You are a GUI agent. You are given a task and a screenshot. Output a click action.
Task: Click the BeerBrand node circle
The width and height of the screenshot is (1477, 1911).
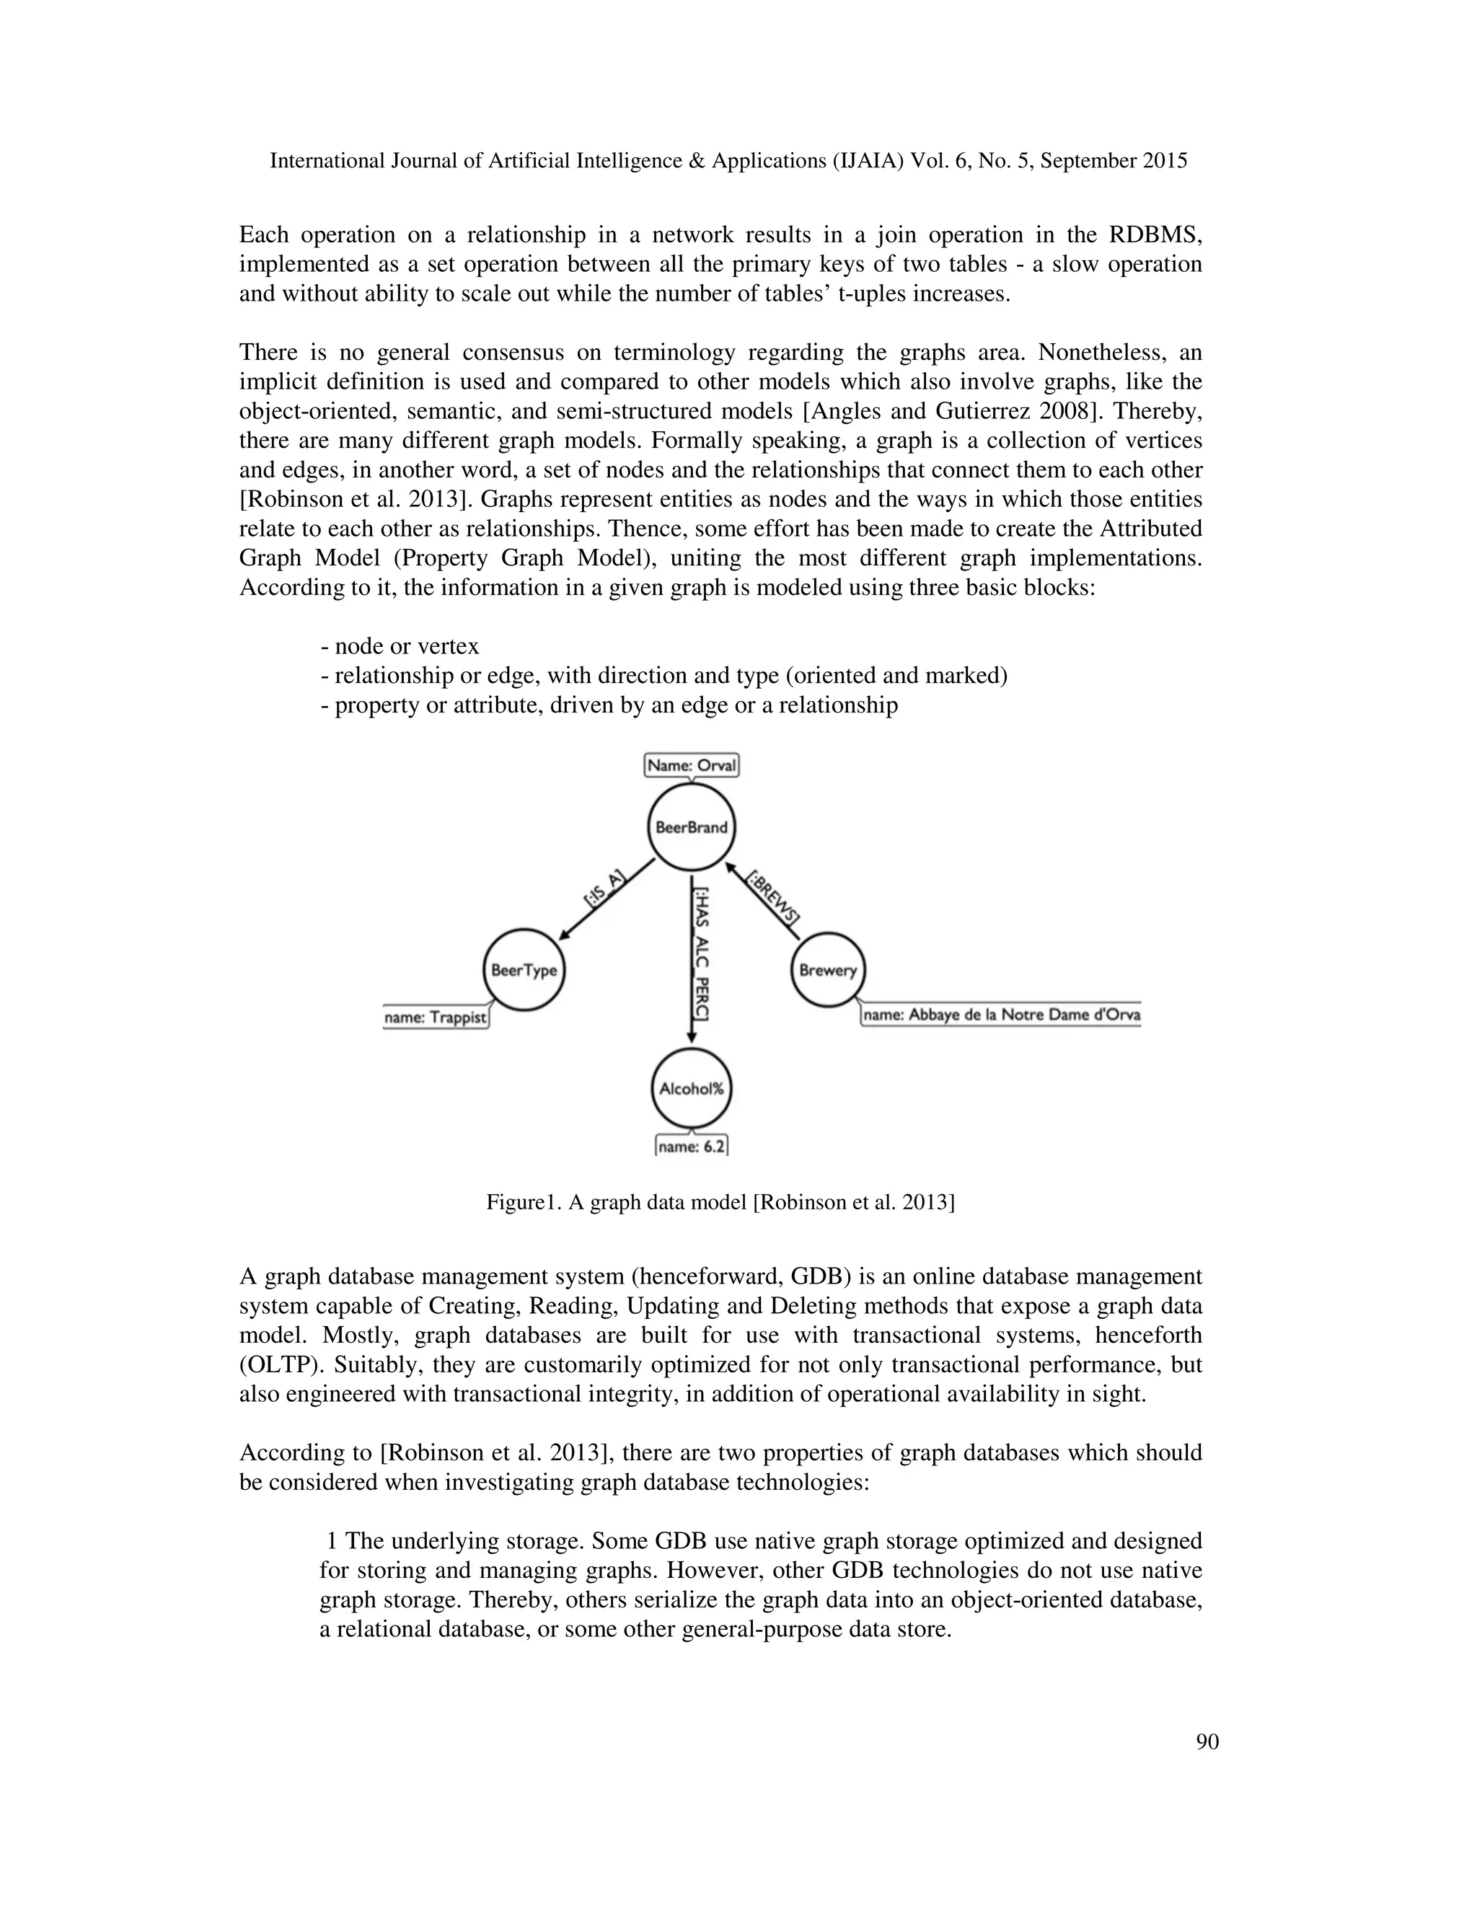[691, 827]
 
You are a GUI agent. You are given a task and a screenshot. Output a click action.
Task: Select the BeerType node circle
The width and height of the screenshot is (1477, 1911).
[524, 971]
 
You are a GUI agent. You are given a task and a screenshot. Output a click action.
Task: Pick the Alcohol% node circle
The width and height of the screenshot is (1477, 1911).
[691, 1090]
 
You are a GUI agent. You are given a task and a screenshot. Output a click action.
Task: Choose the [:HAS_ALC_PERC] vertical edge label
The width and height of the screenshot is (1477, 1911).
[702, 954]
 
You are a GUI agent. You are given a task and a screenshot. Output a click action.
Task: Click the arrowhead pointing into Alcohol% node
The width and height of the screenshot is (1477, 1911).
[691, 1037]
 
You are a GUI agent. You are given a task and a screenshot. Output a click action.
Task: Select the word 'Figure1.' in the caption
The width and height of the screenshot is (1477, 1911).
[521, 1202]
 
